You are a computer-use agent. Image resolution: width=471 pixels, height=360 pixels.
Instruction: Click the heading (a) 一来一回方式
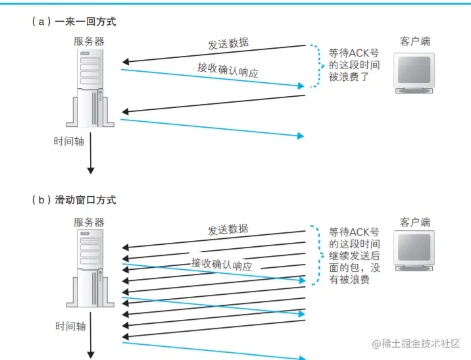coord(73,22)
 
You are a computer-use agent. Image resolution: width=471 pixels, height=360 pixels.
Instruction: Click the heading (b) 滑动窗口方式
coord(73,199)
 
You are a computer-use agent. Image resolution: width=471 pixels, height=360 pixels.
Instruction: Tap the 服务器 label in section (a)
coord(89,41)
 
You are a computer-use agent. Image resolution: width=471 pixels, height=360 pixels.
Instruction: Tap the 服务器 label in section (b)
coord(89,222)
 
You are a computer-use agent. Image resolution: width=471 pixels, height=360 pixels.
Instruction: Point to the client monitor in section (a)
coord(414,71)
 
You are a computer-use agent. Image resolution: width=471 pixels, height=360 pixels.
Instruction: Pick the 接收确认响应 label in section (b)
coord(222,264)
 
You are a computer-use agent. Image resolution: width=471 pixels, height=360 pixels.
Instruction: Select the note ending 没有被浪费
coord(354,256)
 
